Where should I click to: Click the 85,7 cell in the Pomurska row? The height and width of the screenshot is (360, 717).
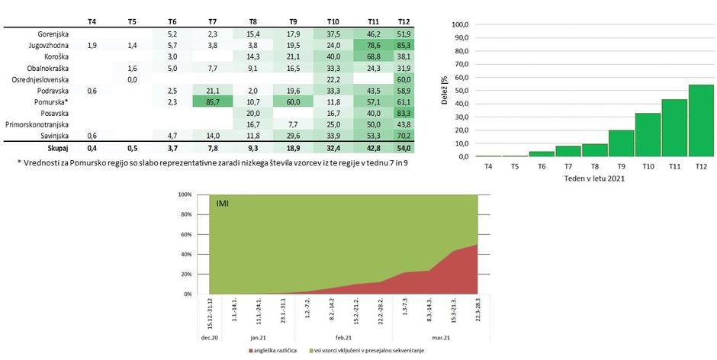[x=212, y=101]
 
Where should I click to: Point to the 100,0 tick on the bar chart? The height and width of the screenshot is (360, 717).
[x=459, y=24]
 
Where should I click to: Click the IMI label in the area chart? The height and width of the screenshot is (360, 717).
[x=224, y=204]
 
